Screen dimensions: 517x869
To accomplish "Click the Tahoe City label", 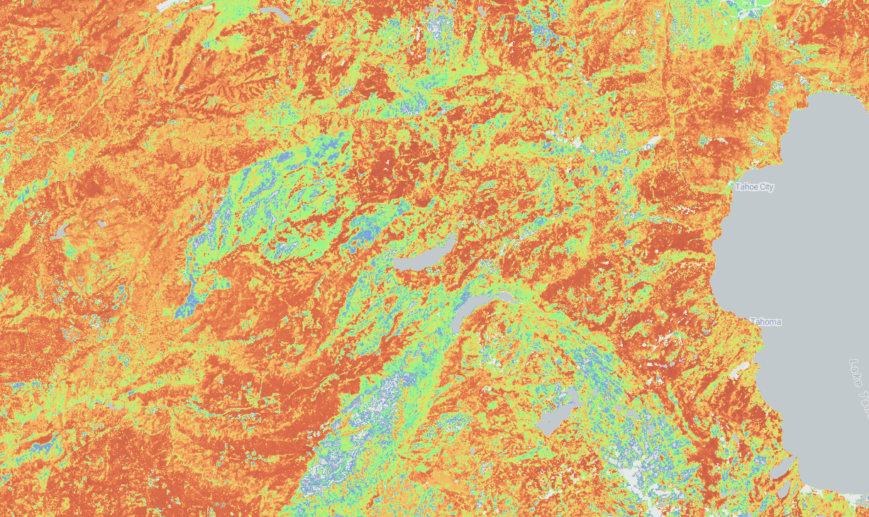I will point(754,187).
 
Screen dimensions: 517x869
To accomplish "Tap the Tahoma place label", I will point(765,322).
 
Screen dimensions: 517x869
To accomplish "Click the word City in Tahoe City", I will point(766,187).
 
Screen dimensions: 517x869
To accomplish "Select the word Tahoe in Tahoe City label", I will point(746,187).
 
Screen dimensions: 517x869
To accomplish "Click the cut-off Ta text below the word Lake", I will point(863,406).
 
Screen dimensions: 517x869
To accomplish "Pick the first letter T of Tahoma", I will point(753,322).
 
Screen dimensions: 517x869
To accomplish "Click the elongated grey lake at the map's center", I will point(424,256).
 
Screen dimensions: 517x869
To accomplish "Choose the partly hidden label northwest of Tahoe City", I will point(648,145).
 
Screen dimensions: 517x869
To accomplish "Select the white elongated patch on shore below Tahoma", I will point(741,369).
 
